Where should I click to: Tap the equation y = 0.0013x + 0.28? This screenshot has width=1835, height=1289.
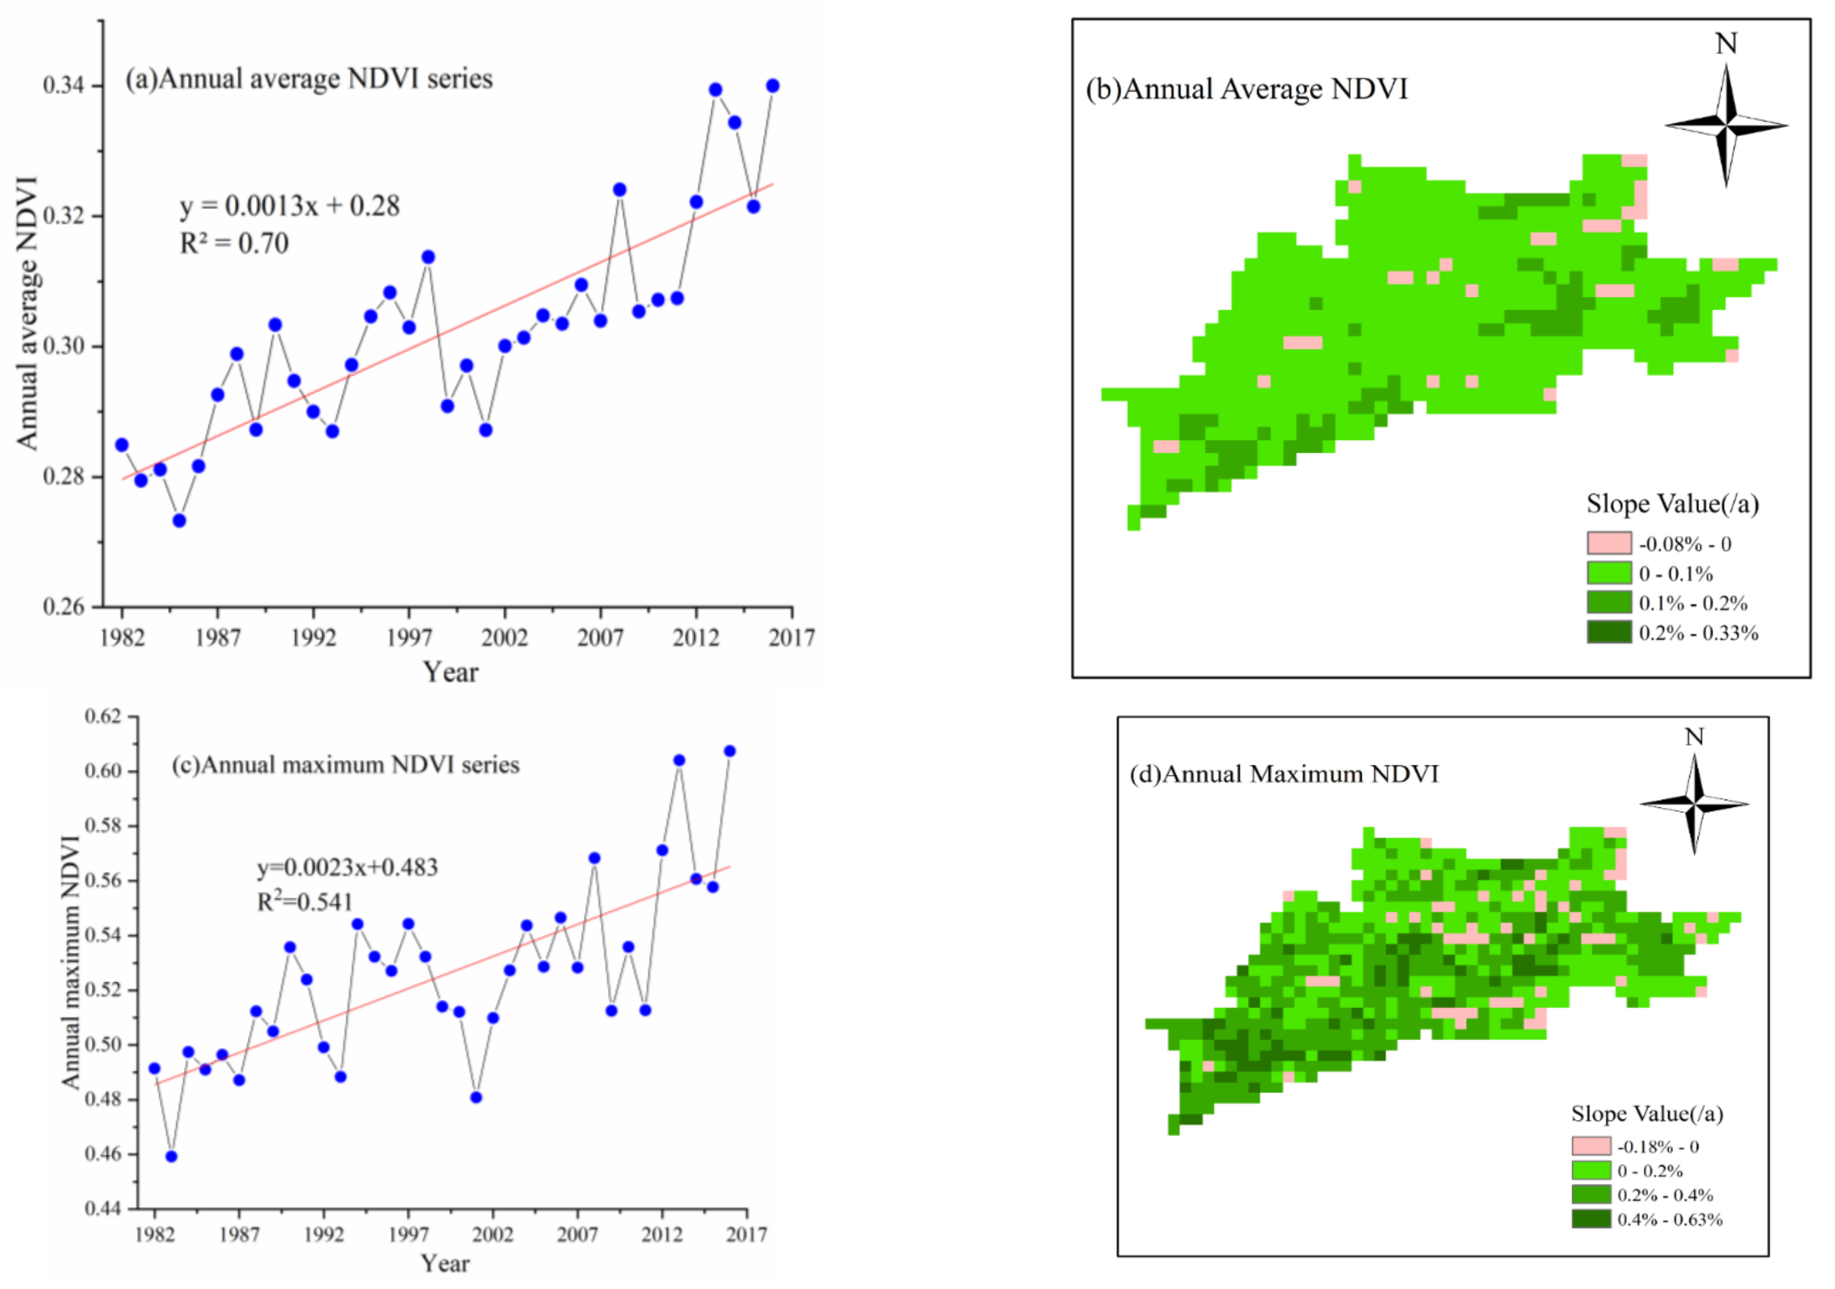[x=289, y=206]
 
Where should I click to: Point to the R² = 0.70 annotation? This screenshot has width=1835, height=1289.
[x=234, y=243]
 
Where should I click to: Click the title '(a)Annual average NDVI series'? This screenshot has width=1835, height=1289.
[x=309, y=79]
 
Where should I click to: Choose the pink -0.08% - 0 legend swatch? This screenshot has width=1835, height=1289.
[x=1609, y=543]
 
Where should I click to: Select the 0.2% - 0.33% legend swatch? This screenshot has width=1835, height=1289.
[x=1609, y=632]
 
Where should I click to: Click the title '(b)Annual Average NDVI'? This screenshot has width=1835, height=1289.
[x=1247, y=89]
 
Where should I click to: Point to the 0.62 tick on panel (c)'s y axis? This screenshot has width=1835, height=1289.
[x=104, y=716]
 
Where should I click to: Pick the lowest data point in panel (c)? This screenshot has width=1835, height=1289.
[x=171, y=1156]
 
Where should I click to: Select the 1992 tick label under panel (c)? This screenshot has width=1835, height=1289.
[x=324, y=1236]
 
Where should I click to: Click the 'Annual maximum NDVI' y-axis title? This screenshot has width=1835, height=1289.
[x=71, y=962]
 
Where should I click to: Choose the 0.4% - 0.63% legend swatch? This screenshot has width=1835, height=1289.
[x=1590, y=1219]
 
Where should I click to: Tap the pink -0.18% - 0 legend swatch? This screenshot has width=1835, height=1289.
[x=1590, y=1146]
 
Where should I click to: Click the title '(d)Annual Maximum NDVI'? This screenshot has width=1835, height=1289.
[x=1284, y=774]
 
